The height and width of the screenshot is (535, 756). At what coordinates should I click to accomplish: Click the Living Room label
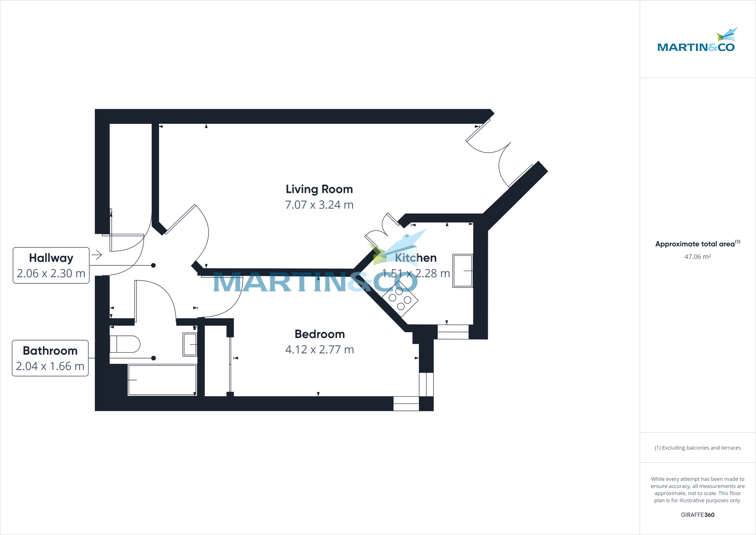tap(319, 189)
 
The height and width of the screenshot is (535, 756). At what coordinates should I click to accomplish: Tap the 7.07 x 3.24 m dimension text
tap(319, 205)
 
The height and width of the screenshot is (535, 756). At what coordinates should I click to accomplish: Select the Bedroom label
tap(320, 334)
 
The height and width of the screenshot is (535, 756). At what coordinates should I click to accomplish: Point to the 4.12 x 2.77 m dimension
tap(320, 350)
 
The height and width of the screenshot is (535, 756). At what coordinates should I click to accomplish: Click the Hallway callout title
tap(51, 258)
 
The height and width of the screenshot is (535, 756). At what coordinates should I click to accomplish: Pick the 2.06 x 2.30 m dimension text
tap(51, 273)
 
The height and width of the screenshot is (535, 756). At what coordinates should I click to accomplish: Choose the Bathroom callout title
tap(50, 351)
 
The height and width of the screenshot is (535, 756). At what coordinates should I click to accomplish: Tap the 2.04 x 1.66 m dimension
tap(50, 366)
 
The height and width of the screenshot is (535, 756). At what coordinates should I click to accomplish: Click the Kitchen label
tap(416, 258)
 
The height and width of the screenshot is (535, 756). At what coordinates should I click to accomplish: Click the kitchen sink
tap(463, 270)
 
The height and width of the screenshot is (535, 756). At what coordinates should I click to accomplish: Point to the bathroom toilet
tap(125, 344)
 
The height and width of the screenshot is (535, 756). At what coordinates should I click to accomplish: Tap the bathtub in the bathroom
tap(162, 380)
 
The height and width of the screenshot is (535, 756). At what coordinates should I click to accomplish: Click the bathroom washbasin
tap(190, 344)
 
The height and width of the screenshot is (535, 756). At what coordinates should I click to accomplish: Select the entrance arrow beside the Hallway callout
tap(97, 255)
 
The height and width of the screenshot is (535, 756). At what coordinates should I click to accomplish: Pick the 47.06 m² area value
tap(698, 257)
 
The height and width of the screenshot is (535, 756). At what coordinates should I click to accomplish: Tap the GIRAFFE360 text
tap(698, 515)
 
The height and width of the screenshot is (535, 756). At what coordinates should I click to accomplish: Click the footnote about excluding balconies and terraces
tap(698, 448)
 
